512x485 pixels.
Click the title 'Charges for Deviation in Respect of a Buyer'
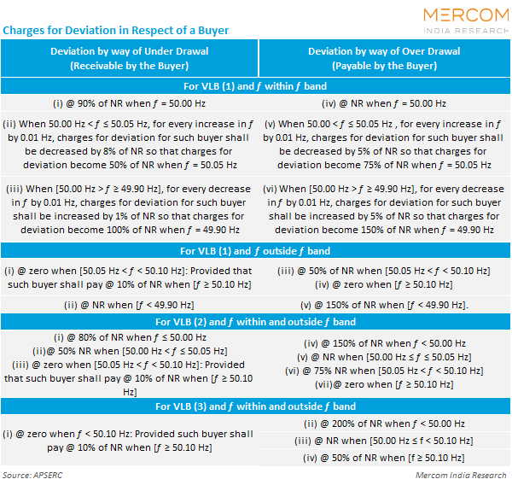pos(117,31)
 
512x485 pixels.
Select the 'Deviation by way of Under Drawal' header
pos(130,51)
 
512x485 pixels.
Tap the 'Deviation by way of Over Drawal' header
pos(384,51)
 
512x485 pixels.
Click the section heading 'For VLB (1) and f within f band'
pos(256,86)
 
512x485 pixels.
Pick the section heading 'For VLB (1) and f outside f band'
pos(256,251)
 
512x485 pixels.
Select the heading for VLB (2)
pos(256,322)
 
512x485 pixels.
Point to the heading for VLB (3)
pos(256,406)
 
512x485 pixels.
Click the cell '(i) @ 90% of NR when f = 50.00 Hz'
pos(130,103)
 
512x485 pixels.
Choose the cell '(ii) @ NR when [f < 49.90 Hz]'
pos(130,304)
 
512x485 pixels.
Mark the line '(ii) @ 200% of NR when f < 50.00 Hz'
pos(384,423)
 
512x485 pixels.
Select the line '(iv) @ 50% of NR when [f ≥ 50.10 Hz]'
pos(384,459)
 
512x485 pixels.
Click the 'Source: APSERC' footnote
pos(34,475)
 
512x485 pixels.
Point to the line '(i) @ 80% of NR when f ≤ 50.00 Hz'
pos(130,338)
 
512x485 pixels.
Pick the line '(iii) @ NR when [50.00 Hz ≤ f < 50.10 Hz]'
pos(384,441)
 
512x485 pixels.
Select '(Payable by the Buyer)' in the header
pos(384,66)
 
